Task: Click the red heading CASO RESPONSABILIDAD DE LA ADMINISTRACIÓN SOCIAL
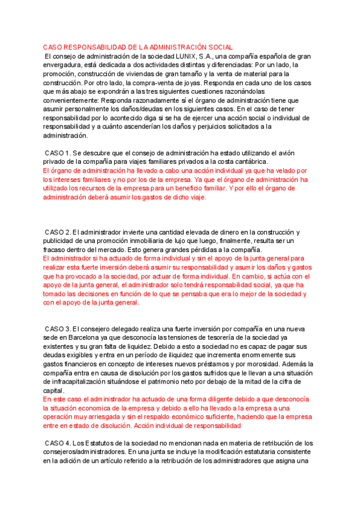138,47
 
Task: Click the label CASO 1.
58,153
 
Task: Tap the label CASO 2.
58,232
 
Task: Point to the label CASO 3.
58,329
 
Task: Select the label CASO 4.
58,443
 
